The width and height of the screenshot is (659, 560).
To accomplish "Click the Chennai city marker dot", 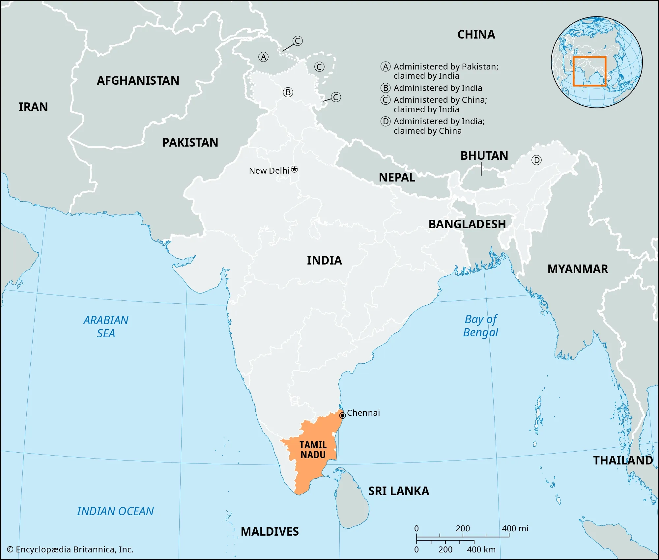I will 342,415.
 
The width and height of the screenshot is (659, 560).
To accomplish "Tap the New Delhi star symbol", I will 295,169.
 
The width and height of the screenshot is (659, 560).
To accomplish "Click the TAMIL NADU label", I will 313,450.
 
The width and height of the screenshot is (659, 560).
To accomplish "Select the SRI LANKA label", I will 399,491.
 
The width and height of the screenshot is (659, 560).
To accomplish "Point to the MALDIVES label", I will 270,532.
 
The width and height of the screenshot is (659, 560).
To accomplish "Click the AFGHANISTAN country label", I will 138,81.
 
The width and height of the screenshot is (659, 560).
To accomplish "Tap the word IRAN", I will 33,107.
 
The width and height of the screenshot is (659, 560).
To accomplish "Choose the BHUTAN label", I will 484,156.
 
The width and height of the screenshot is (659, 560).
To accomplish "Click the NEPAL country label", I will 397,178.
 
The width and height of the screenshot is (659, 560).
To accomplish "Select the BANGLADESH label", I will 467,224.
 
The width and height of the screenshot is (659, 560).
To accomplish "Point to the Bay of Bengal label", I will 481,326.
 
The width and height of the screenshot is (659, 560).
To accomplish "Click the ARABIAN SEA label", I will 106,327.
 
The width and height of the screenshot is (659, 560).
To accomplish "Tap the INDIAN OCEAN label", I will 115,511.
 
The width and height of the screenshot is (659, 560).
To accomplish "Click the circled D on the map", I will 536,160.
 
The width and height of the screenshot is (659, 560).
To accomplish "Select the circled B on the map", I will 288,92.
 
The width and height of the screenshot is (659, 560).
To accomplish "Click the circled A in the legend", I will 386,67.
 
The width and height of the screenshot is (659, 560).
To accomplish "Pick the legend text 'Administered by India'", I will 438,88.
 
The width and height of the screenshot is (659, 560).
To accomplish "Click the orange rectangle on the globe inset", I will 589,57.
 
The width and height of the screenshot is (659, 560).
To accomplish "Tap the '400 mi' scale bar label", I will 515,528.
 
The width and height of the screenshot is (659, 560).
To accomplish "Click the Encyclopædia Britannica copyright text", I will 70,549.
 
